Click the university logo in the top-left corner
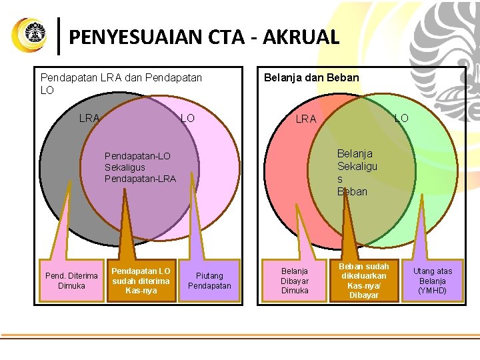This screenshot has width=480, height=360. [x=30, y=35]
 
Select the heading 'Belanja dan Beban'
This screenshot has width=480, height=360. [x=311, y=77]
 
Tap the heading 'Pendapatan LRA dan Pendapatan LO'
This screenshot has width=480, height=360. [x=121, y=83]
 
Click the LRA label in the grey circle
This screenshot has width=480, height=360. [x=89, y=118]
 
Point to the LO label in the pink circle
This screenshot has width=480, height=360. [x=188, y=118]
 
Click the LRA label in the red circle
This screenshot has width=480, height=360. [x=306, y=119]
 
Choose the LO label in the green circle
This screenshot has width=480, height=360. [x=401, y=118]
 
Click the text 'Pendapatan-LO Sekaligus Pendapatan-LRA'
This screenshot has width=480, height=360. [x=140, y=167]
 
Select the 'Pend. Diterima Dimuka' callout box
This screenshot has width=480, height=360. [x=71, y=281]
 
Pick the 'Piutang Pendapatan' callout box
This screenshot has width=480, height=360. [x=209, y=281]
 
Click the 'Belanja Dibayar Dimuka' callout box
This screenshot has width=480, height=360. [x=295, y=281]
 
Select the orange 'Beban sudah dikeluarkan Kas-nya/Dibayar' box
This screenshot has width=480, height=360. [x=364, y=281]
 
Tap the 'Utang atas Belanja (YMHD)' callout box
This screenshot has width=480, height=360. [x=433, y=281]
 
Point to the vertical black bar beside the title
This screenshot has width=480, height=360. [x=61, y=36]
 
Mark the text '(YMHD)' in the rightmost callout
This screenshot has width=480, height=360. [x=433, y=291]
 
